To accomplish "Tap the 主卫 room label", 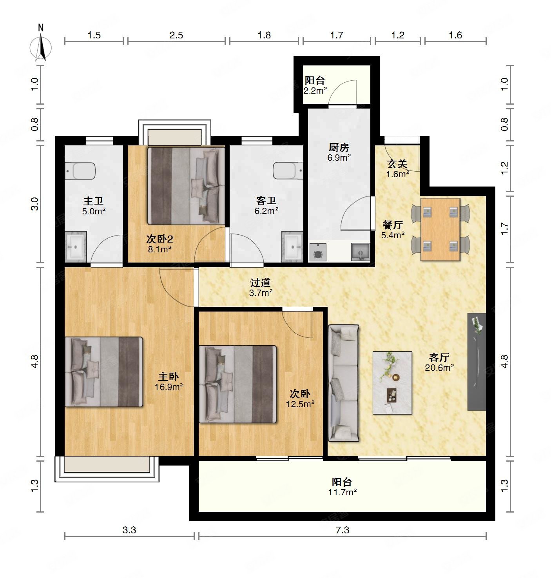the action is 94,201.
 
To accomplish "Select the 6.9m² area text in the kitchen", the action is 339,158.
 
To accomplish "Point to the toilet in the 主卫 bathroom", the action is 80,171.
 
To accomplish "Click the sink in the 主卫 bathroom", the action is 76,246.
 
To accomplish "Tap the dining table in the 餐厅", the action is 440,229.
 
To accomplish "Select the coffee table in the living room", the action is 392,383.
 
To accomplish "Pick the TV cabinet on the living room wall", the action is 477,361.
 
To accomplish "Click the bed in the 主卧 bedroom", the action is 104,372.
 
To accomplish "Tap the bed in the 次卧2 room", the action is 186,186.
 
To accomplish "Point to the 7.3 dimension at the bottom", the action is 342,530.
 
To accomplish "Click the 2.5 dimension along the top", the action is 176,35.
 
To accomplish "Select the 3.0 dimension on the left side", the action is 35,204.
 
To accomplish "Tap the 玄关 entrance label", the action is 397,163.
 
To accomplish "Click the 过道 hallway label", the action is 260,283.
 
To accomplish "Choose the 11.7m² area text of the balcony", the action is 343,492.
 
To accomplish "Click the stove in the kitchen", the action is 318,252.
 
